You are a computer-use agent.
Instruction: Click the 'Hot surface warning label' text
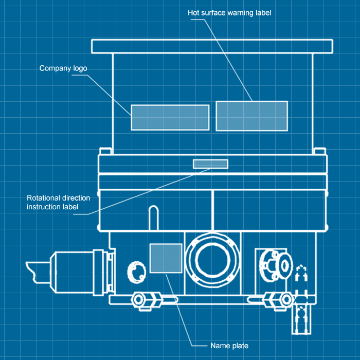pyautogui.click(x=229, y=13)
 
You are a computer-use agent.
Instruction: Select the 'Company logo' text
pyautogui.click(x=63, y=68)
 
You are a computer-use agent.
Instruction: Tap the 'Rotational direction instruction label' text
pyautogui.click(x=58, y=202)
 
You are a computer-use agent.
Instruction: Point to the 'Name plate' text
pyautogui.click(x=229, y=346)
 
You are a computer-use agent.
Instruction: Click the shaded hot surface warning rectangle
pyautogui.click(x=251, y=116)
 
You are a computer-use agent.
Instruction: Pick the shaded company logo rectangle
pyautogui.click(x=170, y=117)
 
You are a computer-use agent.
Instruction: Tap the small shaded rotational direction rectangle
pyautogui.click(x=210, y=164)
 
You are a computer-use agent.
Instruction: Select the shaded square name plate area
pyautogui.click(x=165, y=258)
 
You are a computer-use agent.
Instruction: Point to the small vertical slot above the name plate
pyautogui.click(x=153, y=216)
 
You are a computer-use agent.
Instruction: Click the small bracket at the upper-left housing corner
pyautogui.click(x=105, y=151)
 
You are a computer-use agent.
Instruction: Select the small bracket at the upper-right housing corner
pyautogui.click(x=319, y=151)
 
